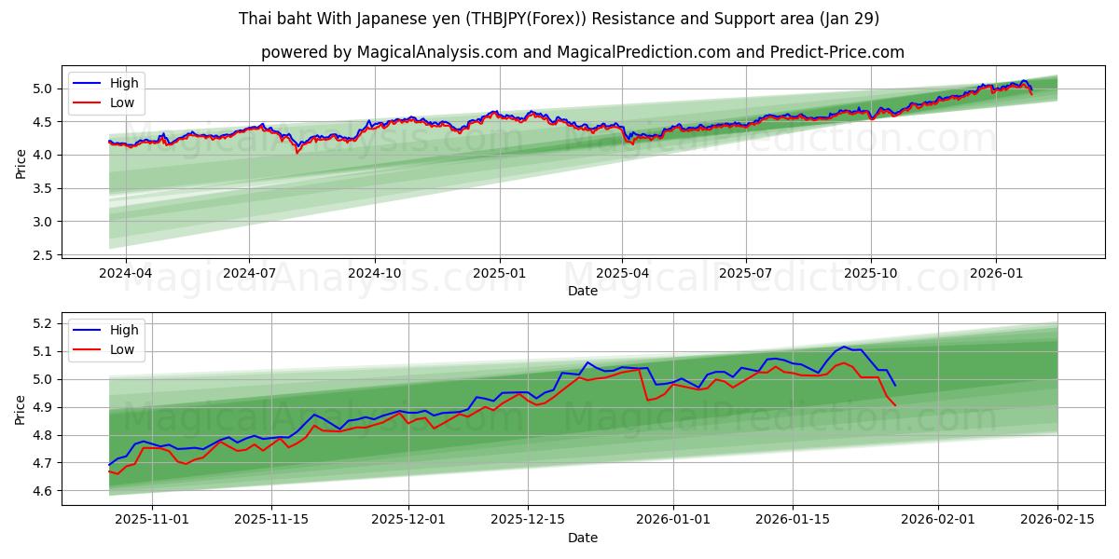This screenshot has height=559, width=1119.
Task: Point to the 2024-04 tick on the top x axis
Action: (125, 273)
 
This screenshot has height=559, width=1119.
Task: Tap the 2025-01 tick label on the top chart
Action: (500, 273)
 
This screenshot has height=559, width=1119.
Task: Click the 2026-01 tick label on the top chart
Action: (996, 273)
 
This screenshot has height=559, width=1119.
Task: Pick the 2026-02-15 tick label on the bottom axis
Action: (1057, 520)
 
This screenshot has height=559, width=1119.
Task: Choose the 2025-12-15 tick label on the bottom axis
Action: (528, 520)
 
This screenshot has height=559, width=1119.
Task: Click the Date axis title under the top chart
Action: (583, 291)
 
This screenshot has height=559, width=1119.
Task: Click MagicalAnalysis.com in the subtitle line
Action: (436, 52)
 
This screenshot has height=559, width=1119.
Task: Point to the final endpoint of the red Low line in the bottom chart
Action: (895, 405)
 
